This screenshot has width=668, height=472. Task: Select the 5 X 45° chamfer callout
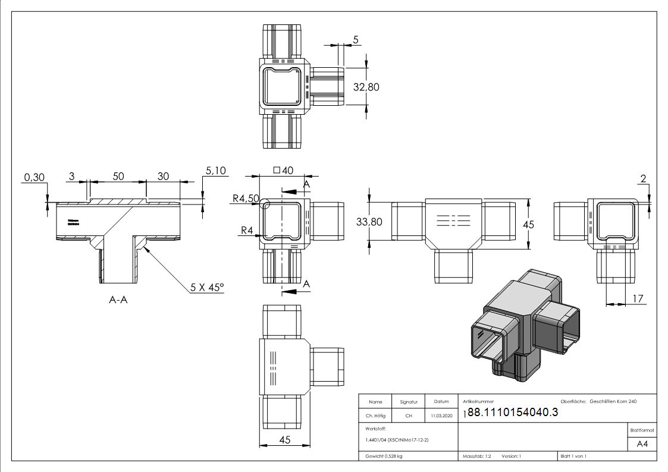coord(207,287)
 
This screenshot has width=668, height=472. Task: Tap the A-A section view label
coord(118,300)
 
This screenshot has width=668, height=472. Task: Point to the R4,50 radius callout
coord(246,199)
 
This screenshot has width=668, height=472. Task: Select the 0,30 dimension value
coord(35,177)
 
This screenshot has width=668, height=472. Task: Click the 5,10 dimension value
coord(216,171)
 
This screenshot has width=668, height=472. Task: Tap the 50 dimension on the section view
coord(118,177)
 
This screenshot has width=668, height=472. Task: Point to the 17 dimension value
coord(638,300)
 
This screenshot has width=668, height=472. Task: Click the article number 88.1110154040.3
coord(513,413)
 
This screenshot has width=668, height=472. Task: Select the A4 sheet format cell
coord(642,444)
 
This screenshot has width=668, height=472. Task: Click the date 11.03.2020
coord(441,416)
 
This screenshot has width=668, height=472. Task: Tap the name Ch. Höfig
coord(375,416)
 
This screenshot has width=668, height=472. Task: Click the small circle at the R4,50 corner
coord(265,204)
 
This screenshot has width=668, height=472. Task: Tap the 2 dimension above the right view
coord(644,178)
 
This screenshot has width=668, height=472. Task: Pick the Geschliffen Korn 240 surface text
coord(613,402)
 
